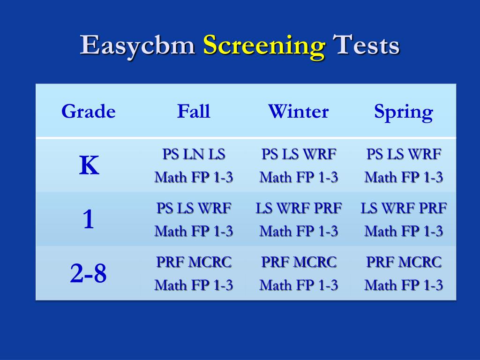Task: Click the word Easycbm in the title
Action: (138, 46)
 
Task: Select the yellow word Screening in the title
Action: (264, 46)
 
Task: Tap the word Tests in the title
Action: (366, 46)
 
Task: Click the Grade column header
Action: (89, 112)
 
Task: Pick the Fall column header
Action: (194, 112)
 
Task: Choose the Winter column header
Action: (298, 112)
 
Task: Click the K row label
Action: (89, 165)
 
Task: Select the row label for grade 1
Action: (89, 219)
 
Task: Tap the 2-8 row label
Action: (89, 274)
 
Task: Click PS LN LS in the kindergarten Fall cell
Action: (194, 154)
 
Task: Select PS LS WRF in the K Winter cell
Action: (299, 154)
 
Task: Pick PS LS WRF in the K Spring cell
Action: (404, 154)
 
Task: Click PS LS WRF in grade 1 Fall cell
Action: (194, 208)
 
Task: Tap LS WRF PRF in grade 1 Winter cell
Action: (299, 208)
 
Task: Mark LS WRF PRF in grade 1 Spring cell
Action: (404, 208)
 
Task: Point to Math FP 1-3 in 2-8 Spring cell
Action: (404, 285)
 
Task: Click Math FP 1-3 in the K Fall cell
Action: (194, 177)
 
